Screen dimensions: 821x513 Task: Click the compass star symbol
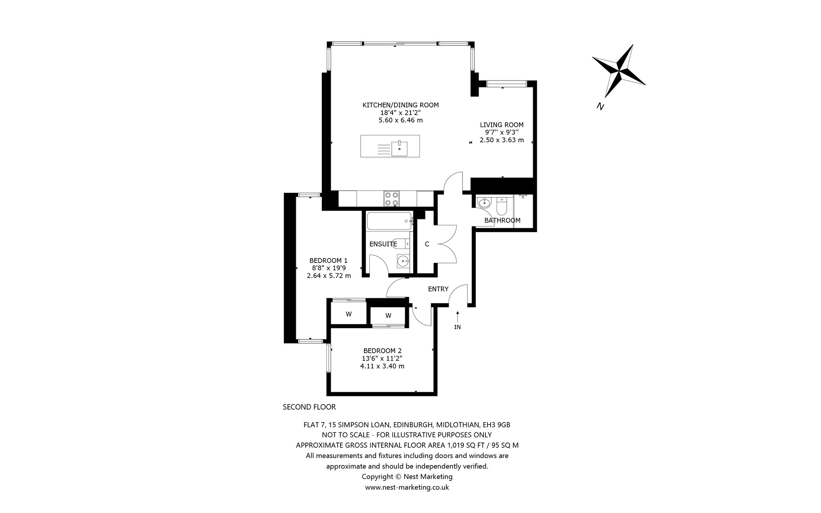tap(619, 71)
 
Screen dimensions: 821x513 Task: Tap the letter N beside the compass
tap(600, 106)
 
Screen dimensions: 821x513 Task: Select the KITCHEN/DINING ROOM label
tap(400, 105)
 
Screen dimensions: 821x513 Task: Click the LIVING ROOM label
tap(501, 125)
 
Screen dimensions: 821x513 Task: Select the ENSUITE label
tap(383, 244)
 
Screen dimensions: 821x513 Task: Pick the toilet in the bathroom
tap(501, 206)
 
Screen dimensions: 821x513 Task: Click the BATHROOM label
tap(502, 220)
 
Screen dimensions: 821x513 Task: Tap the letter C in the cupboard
tap(427, 244)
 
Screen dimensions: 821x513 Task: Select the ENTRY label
tap(438, 289)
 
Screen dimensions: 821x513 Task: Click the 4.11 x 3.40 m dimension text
tap(382, 366)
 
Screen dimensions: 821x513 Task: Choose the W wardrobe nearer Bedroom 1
tap(348, 314)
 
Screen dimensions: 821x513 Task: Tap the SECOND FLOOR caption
tap(309, 407)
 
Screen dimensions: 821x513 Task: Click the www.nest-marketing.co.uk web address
tap(407, 487)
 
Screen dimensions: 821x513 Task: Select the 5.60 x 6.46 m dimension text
tap(400, 120)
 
